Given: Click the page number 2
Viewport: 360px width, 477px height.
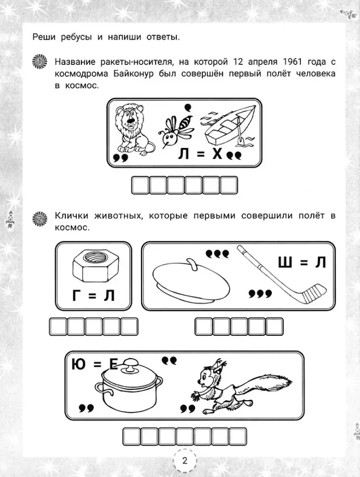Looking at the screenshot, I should coord(185,461).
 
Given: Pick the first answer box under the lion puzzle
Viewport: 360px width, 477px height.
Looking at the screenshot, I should coord(140,185).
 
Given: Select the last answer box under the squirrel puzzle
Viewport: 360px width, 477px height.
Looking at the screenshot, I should coord(237,436).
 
